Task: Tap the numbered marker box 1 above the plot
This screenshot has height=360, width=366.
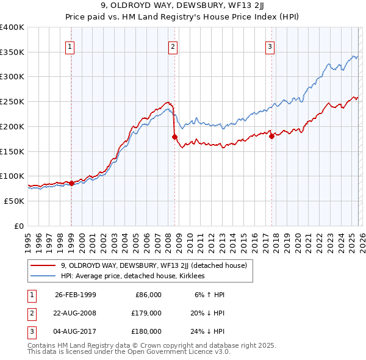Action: click(70, 46)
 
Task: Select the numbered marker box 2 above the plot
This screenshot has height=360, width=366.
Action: click(173, 46)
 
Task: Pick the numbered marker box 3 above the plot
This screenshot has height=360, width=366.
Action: click(270, 46)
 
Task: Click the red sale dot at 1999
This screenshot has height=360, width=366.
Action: click(71, 182)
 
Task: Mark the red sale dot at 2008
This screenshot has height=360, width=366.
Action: click(174, 137)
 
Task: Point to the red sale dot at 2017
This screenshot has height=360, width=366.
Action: click(271, 136)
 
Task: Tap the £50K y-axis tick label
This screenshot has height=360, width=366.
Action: click(15, 201)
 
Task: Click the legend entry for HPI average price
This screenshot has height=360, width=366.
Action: click(132, 276)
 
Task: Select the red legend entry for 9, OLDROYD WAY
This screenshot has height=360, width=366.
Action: click(153, 265)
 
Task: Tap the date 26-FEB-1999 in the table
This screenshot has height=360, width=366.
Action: click(75, 295)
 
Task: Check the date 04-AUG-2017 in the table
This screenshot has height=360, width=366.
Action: click(75, 331)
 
